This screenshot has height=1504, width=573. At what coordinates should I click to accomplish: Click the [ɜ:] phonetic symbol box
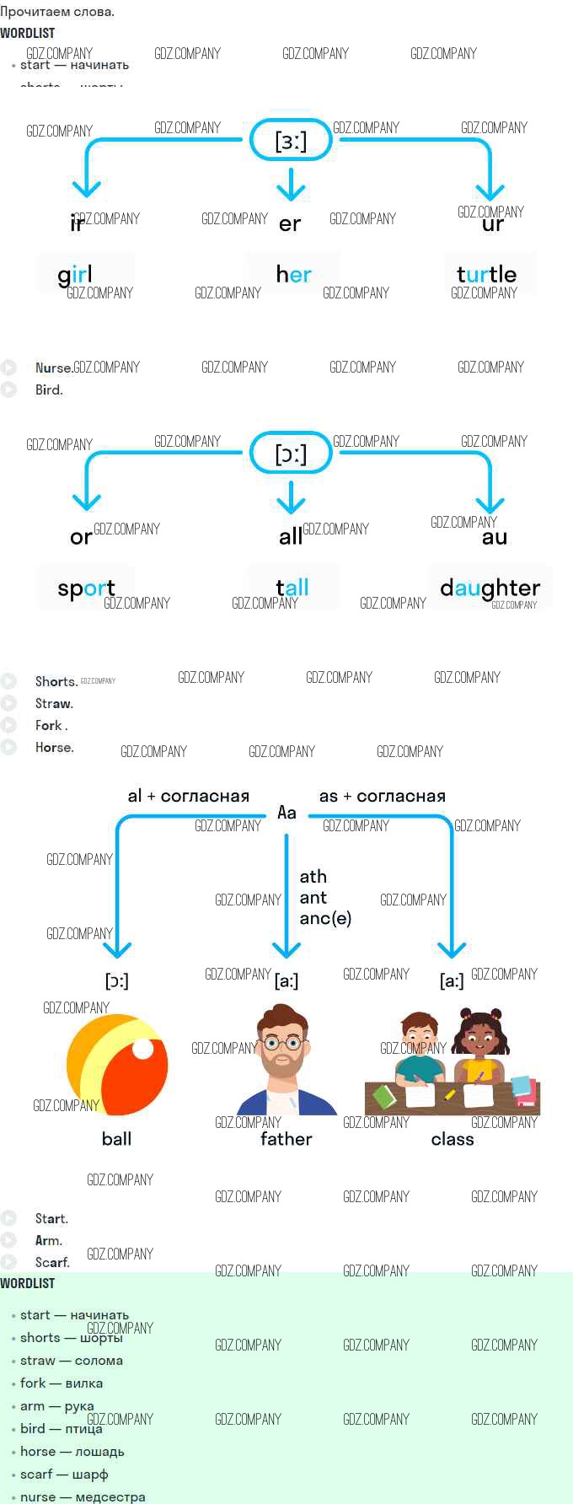pos(291,140)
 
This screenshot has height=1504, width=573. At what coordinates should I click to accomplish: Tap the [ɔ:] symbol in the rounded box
pos(291,454)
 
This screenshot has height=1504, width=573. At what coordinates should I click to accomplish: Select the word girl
pos(75,275)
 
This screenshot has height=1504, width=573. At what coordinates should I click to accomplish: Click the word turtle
pos(486,275)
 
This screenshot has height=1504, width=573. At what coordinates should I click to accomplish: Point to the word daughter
pos(490,588)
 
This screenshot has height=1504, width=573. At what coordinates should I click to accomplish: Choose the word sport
pos(86,588)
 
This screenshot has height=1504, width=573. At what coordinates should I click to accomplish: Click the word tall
pos(292,588)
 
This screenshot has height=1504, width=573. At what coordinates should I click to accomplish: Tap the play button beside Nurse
pos(9,368)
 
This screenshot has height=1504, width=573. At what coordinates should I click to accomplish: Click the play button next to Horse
pos(9,747)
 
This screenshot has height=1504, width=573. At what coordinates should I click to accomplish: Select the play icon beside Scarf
pos(9,1262)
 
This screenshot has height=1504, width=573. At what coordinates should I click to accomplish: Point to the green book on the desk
pos(384,1097)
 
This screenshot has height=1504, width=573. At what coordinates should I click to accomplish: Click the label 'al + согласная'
pos(188,796)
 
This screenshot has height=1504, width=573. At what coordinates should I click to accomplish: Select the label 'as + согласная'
pos(382,796)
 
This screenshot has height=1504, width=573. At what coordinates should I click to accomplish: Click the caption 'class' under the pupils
pos(453,1139)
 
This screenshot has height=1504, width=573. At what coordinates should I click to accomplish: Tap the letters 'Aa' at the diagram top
pos(286,812)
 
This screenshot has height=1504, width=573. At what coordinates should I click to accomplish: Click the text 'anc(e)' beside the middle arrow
pos(325,918)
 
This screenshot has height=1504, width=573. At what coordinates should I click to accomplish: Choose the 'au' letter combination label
pos(495,537)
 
